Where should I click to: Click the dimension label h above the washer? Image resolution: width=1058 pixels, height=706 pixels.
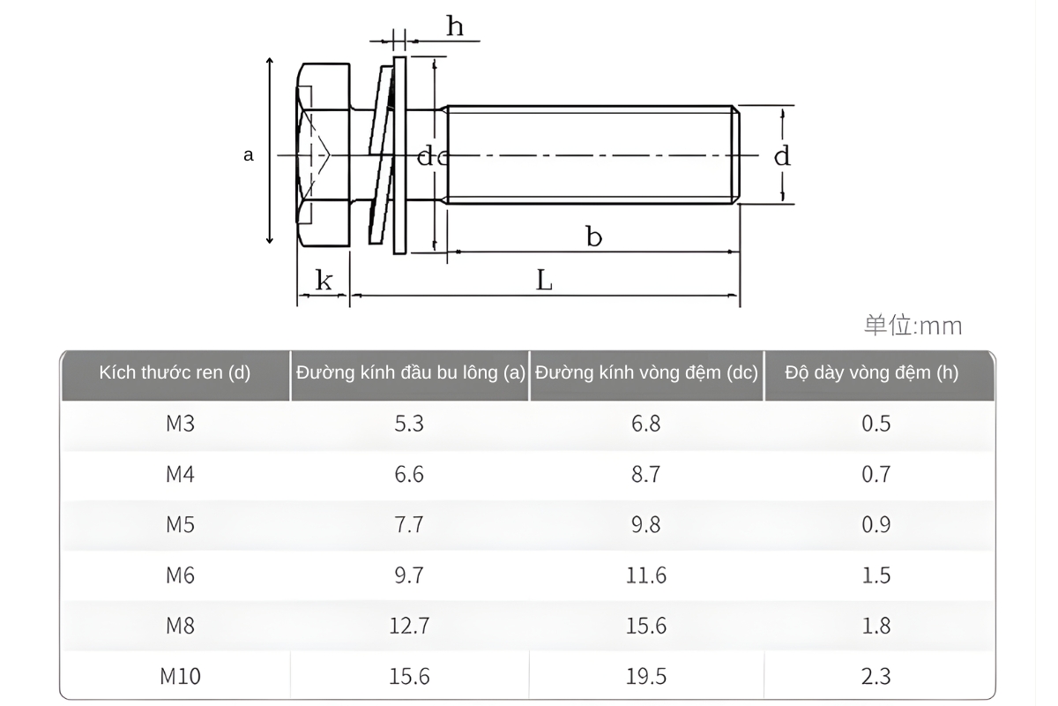tap(455, 26)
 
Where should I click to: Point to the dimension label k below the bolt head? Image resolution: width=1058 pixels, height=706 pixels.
tap(324, 282)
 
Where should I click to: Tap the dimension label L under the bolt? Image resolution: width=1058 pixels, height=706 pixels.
tap(545, 281)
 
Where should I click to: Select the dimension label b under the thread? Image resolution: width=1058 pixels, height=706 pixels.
tap(594, 237)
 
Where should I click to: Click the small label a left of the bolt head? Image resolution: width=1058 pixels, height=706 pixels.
tap(249, 155)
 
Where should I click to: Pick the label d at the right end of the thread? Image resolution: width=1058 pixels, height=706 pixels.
tap(782, 156)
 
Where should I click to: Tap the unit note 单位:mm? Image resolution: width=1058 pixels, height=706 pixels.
tap(913, 326)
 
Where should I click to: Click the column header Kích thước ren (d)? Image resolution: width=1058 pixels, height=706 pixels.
tap(175, 372)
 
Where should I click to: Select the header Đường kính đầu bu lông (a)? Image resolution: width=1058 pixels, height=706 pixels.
tap(410, 372)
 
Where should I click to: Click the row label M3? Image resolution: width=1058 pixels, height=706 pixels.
tap(180, 424)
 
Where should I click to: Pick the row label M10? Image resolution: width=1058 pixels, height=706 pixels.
tap(180, 677)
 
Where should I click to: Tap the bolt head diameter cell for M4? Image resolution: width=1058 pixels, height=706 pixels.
tap(409, 474)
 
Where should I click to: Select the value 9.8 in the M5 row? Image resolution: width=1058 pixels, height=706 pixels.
tap(645, 525)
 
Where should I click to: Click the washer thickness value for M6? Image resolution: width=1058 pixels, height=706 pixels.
tap(875, 575)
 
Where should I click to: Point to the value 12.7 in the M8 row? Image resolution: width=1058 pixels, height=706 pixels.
tap(409, 626)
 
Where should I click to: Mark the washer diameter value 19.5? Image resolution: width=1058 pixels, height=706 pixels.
tap(645, 677)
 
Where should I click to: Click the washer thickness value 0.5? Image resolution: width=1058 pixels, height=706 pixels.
tap(875, 424)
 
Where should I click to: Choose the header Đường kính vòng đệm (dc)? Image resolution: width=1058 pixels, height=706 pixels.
tap(646, 372)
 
